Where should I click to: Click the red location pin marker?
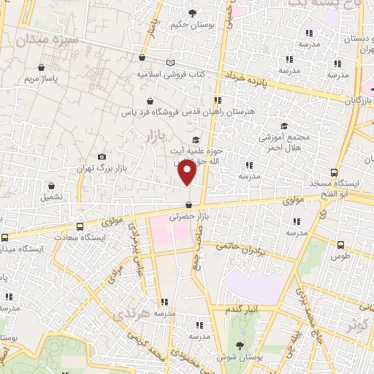[x=188, y=172]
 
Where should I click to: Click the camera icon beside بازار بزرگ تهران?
[x=102, y=157]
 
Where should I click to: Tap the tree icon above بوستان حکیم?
[x=193, y=13]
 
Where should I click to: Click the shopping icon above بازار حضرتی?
[x=189, y=205]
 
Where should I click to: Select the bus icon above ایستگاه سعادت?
[x=80, y=226]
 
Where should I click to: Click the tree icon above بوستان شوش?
[x=240, y=346]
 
